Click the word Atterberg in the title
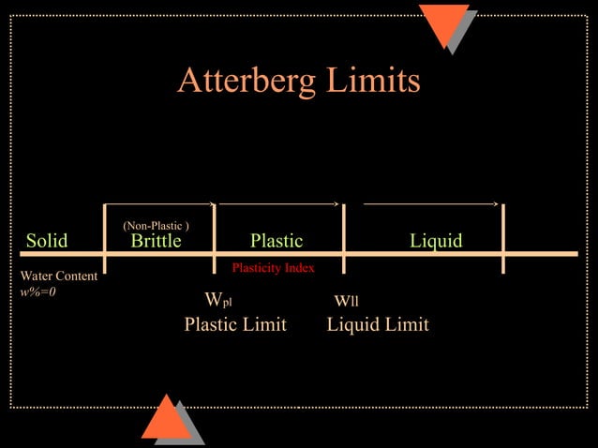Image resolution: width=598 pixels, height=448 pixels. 246,82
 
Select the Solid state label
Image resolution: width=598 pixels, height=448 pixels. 47,241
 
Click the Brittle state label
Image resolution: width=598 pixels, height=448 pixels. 156,241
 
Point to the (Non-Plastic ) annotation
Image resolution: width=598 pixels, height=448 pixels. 156,226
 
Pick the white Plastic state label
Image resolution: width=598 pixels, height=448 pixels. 277,241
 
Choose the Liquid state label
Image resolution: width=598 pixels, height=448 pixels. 436,241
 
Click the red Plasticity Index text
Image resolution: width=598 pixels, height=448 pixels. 273,268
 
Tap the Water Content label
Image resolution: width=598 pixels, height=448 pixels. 59,276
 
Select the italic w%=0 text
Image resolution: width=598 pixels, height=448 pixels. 38,291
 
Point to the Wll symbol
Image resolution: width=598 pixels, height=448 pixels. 347,301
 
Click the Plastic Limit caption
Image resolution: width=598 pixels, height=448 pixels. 235,324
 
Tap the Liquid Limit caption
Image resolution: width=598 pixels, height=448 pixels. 378,324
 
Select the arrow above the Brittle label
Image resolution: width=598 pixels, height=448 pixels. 160,202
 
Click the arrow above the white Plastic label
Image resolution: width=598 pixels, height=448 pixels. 278,202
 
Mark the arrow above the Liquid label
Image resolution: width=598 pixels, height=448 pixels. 430,202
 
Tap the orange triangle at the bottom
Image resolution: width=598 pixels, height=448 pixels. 166,420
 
